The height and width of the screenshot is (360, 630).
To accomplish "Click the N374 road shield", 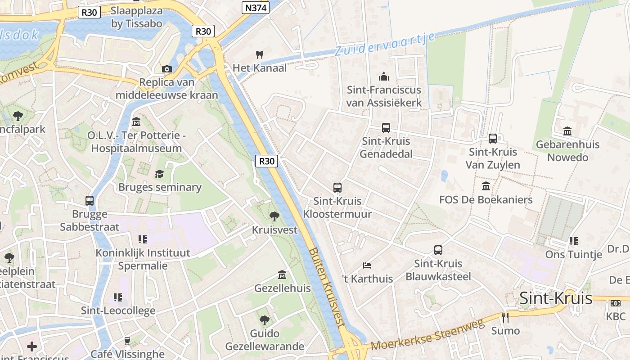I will click(x=255, y=8).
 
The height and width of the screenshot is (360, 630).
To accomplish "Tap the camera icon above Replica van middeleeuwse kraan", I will click(x=167, y=69).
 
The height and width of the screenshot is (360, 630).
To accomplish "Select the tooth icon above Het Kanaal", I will click(x=259, y=54).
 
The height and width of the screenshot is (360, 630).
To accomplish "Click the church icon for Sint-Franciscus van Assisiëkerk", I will click(x=384, y=76).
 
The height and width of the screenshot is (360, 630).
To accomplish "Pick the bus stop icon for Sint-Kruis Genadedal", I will click(x=386, y=128).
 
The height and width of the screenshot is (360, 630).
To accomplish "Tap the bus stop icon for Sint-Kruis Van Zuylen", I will click(x=493, y=139).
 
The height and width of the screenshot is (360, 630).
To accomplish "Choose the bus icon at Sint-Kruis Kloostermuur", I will click(x=337, y=188).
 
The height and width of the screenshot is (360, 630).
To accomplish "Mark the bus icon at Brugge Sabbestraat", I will click(x=90, y=201).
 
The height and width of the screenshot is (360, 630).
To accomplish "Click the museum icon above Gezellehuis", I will click(x=282, y=274).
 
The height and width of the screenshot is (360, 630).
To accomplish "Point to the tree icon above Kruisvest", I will click(x=274, y=216).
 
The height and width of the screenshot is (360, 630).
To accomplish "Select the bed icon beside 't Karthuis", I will click(x=367, y=265).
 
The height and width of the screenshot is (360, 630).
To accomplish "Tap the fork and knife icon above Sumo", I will click(x=505, y=318).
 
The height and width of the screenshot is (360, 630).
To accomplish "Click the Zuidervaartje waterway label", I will click(x=385, y=44).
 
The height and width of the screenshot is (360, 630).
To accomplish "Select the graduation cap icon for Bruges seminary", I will click(x=159, y=174).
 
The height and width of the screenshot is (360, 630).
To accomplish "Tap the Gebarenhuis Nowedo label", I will click(x=567, y=151).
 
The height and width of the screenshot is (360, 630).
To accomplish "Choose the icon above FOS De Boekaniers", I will click(x=486, y=186).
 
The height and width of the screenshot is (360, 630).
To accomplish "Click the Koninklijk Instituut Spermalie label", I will click(x=143, y=259).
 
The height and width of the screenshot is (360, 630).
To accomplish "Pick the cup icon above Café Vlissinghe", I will click(x=127, y=341).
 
